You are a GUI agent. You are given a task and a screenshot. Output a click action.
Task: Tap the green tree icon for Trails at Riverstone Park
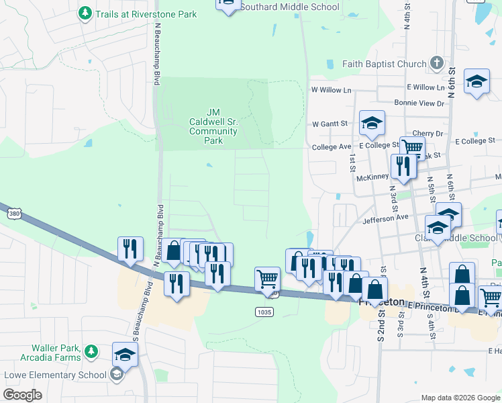(85, 13)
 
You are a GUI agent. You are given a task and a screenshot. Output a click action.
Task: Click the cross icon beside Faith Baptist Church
(436, 64)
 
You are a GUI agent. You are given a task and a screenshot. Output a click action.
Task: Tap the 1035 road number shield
(264, 312)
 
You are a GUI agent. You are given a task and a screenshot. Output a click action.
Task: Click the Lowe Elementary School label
(55, 375)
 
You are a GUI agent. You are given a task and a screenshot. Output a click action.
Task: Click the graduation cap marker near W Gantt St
(371, 123)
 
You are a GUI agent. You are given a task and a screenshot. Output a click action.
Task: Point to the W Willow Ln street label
(331, 89)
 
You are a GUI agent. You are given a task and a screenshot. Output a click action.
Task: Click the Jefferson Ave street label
(385, 218)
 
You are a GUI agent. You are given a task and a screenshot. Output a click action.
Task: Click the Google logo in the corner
(23, 395)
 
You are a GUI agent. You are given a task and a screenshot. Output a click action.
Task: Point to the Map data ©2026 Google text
(460, 398)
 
